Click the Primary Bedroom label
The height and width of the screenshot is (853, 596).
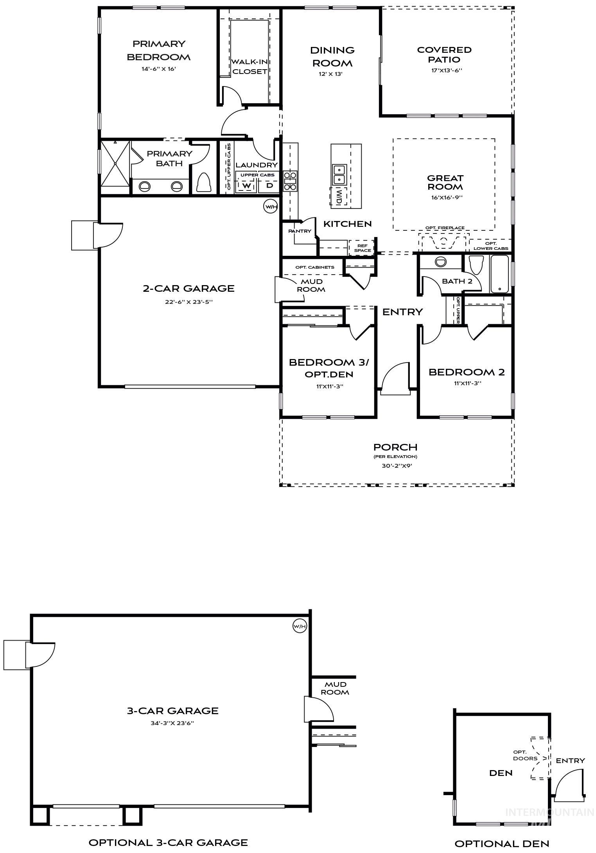point(158,50)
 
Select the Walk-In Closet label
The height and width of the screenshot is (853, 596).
point(250,66)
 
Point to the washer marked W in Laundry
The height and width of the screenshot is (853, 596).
point(246,186)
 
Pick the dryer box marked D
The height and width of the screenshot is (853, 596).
point(269,186)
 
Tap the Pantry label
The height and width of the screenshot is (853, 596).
point(300,231)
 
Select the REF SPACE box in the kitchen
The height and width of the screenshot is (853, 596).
point(362,248)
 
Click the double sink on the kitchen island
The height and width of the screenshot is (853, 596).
point(339,174)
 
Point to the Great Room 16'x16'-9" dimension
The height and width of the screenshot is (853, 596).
point(445,198)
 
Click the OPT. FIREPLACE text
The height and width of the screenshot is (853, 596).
point(445,228)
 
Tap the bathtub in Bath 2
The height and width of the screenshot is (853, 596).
point(499,274)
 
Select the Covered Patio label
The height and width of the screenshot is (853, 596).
point(444,55)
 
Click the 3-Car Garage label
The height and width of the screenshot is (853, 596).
point(172,711)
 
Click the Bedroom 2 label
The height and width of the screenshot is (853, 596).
point(467,372)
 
